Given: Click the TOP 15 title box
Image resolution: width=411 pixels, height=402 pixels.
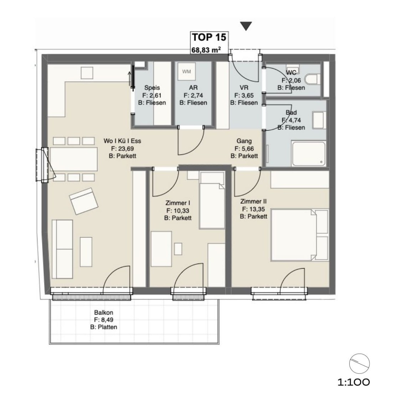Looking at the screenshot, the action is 209,42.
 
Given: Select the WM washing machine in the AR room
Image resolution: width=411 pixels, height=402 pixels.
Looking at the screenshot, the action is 187,72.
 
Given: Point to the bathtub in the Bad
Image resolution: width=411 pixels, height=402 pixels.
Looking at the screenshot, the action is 309,154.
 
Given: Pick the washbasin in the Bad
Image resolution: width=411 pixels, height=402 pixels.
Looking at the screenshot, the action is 318,120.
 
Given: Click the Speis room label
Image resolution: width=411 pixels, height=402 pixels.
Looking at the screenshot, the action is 152,88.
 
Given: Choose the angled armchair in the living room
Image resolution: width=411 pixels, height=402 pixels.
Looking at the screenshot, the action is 84,201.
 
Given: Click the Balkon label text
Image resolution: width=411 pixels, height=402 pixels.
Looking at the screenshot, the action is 103,313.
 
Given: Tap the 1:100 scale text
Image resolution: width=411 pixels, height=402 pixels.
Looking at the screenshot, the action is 354,382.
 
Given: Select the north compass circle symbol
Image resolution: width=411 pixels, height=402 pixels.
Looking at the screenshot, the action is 359,363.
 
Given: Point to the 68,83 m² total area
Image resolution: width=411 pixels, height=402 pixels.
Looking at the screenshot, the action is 206,50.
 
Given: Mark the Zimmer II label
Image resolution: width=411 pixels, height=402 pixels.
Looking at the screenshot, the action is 253,202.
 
